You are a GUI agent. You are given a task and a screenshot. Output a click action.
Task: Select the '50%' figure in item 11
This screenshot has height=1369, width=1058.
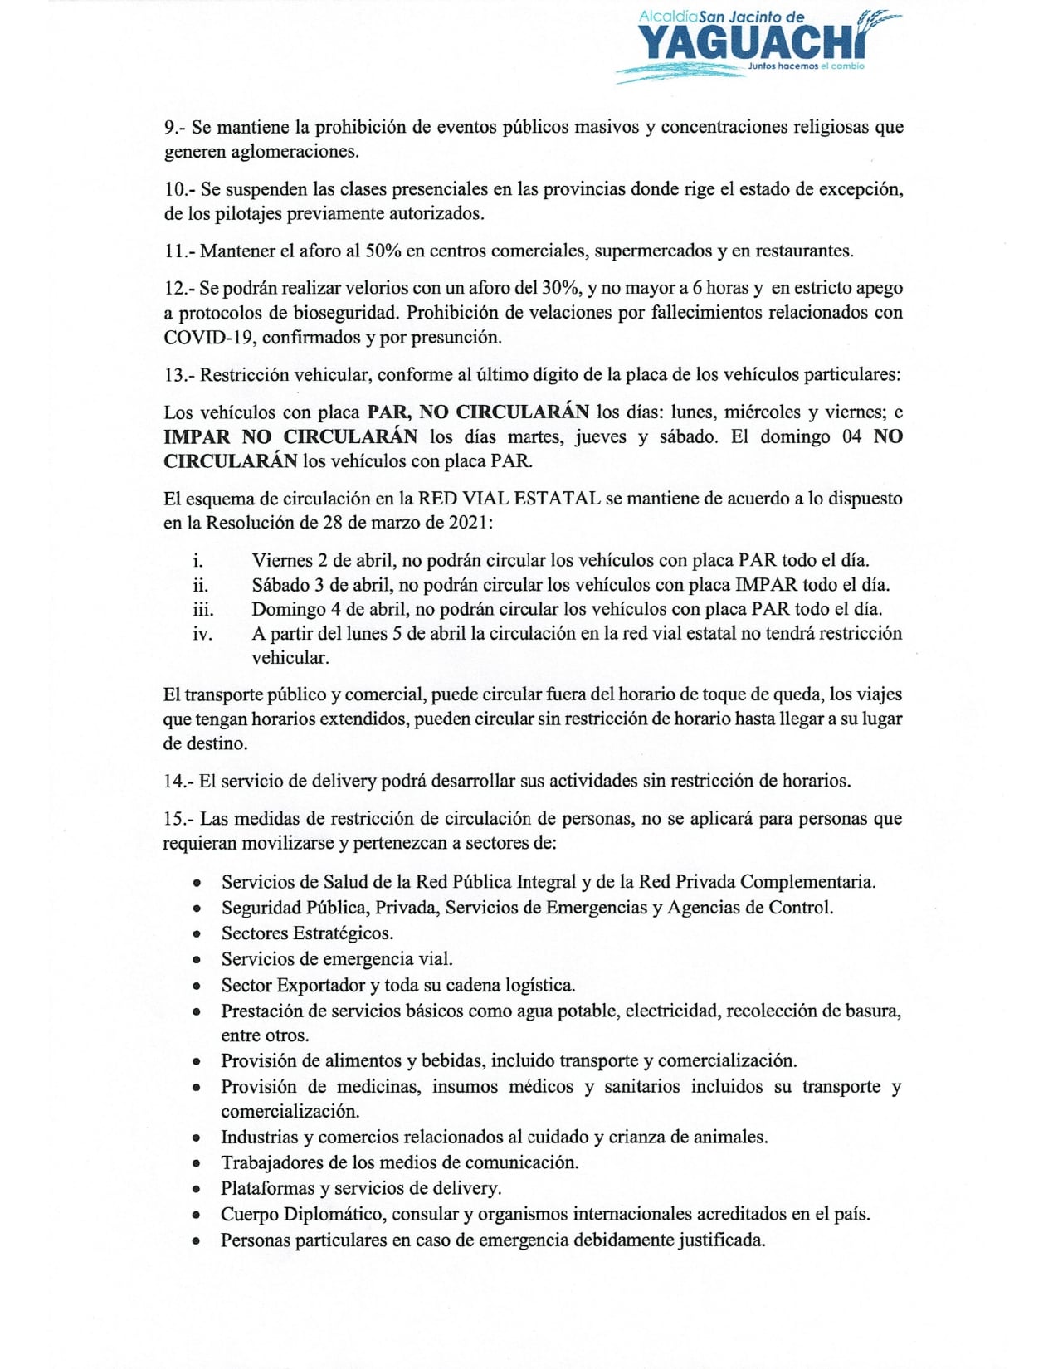point(383,251)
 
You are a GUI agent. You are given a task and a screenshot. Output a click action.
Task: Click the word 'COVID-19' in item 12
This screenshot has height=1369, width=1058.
point(209,338)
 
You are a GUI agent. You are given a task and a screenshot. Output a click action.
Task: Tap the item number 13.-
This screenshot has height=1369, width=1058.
point(178,374)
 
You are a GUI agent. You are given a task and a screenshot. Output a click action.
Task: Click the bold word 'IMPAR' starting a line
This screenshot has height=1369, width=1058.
point(196,436)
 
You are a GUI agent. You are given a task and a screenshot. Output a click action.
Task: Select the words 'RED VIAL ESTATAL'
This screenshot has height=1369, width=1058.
point(509,499)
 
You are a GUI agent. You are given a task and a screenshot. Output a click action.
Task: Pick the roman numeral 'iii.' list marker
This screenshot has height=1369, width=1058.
point(202,610)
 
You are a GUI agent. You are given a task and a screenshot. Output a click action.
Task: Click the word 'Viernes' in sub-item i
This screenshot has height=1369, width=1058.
point(282,560)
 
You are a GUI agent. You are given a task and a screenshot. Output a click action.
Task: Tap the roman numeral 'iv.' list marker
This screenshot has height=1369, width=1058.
point(202,634)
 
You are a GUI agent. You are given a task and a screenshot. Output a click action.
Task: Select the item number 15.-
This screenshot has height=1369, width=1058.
point(178,819)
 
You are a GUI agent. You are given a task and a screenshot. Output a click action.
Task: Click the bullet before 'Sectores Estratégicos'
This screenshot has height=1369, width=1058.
point(197,934)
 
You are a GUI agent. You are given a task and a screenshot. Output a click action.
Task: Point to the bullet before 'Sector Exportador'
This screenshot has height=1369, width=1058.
point(197,987)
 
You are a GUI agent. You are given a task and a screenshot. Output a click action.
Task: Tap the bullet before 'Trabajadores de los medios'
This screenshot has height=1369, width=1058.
point(197,1163)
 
